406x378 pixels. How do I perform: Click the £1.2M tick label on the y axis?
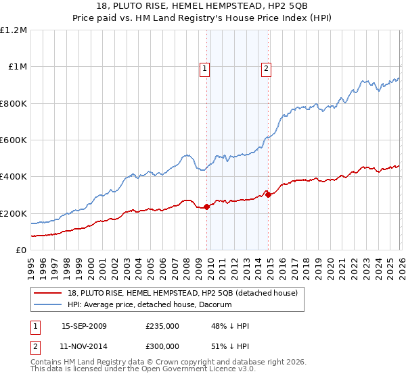click(x=14, y=30)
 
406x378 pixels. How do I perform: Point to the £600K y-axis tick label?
click(x=14, y=140)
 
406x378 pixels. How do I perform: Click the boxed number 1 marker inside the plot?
click(x=205, y=67)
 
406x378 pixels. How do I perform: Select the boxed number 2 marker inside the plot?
click(x=267, y=67)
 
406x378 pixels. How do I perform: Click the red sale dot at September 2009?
click(x=206, y=207)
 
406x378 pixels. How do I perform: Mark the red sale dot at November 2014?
click(x=268, y=195)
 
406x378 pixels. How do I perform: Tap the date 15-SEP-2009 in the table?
click(x=84, y=326)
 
